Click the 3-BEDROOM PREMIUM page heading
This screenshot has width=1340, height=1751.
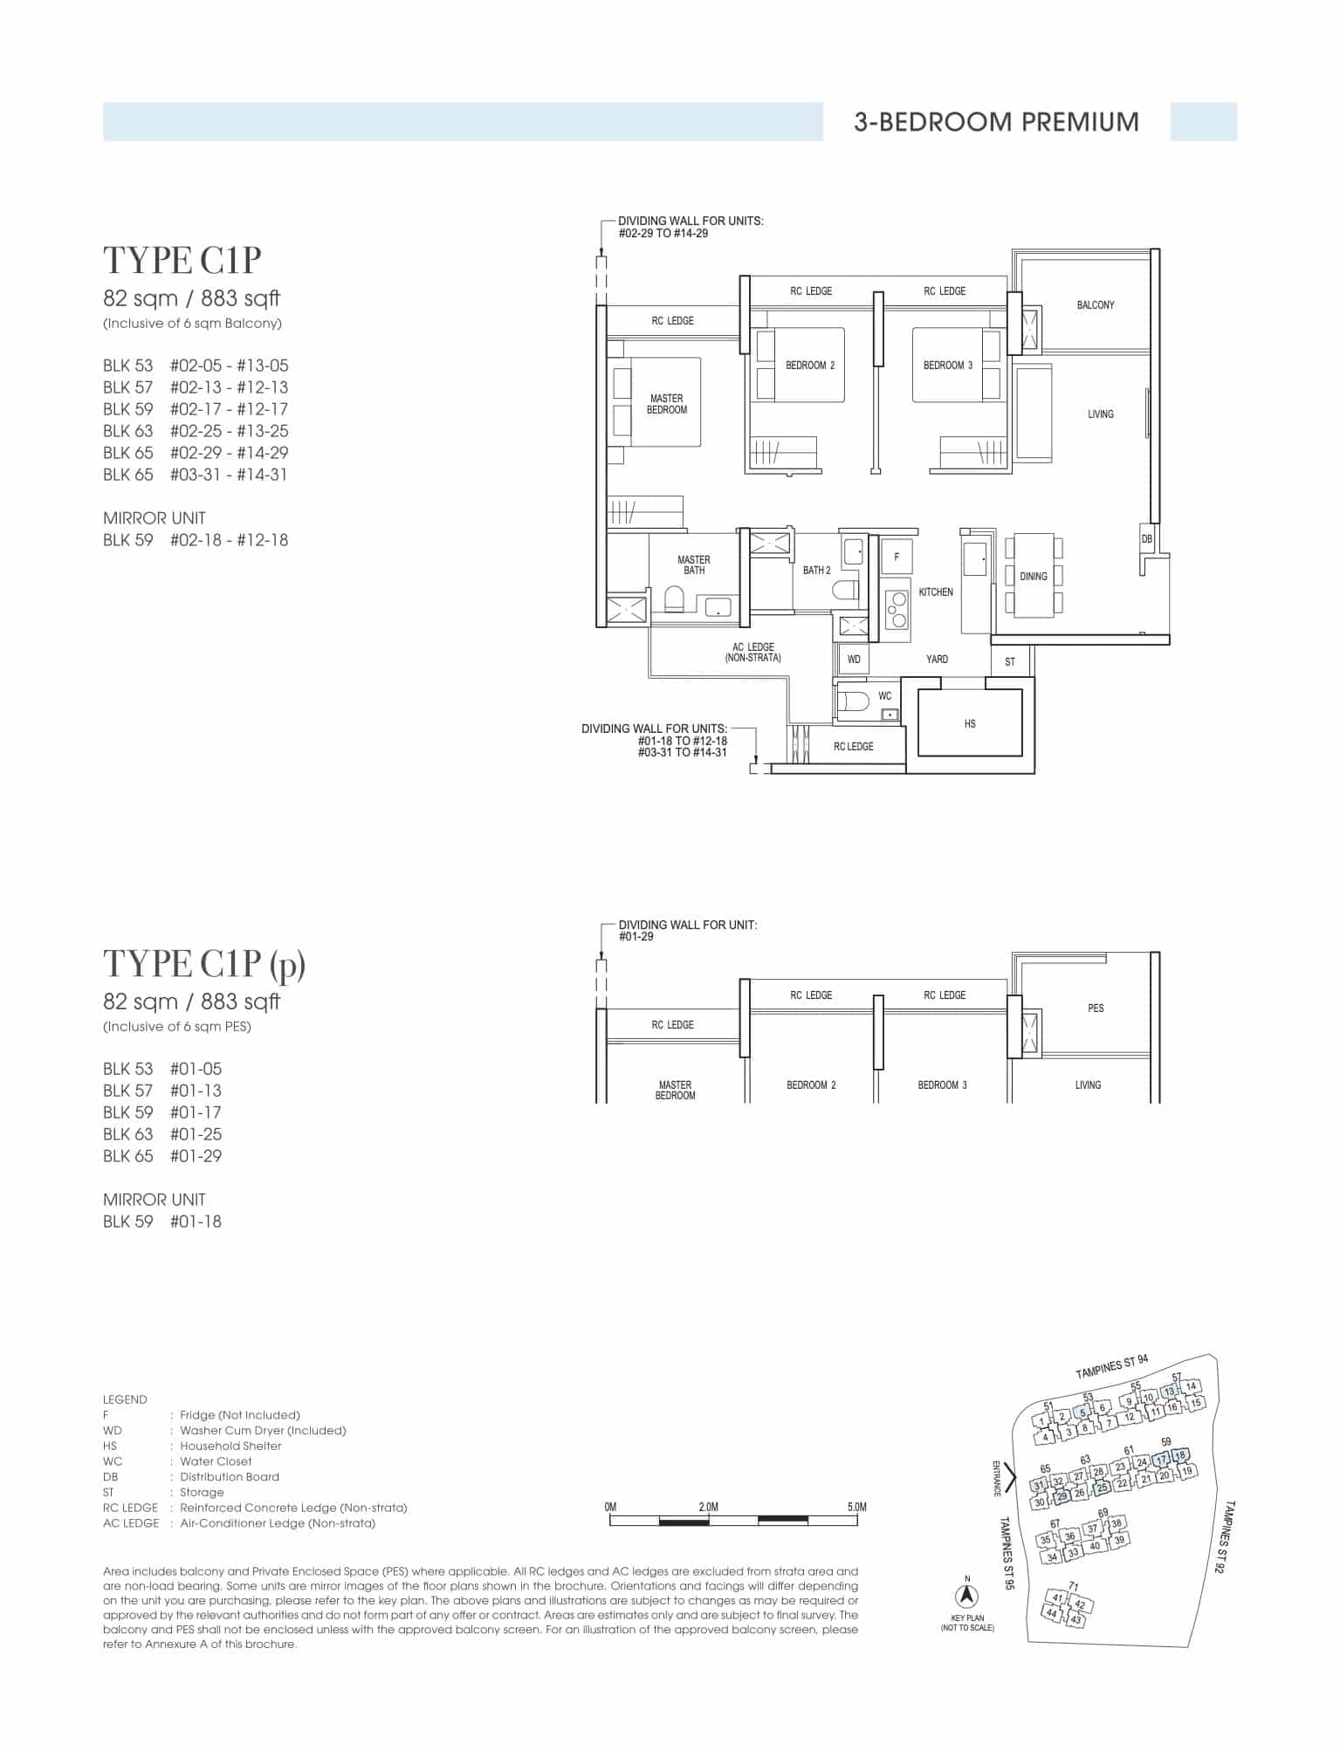(996, 121)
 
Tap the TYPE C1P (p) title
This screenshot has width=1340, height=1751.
(204, 964)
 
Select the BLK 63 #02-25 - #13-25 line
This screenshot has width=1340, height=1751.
(196, 431)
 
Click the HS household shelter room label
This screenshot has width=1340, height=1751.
(970, 723)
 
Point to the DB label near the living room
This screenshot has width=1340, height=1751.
(1147, 539)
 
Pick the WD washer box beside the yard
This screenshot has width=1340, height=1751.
(854, 660)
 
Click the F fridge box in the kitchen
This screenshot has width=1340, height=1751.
(897, 557)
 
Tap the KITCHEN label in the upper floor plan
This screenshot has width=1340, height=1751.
(936, 592)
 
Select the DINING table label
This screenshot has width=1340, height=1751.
(1034, 577)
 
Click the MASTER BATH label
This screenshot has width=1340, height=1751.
(694, 565)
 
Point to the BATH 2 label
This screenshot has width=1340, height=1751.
(817, 571)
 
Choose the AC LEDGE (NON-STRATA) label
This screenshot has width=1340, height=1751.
(753, 653)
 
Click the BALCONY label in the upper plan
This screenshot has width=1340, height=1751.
(1096, 305)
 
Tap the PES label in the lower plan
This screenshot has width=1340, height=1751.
(1096, 1009)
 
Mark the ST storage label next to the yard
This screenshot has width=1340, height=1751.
(1010, 662)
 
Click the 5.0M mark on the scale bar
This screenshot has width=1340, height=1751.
(857, 1507)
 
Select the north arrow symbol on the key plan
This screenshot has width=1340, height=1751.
(967, 1596)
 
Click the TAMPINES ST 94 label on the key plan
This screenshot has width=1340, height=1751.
(1112, 1367)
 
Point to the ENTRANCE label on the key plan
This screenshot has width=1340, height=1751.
(996, 1479)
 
